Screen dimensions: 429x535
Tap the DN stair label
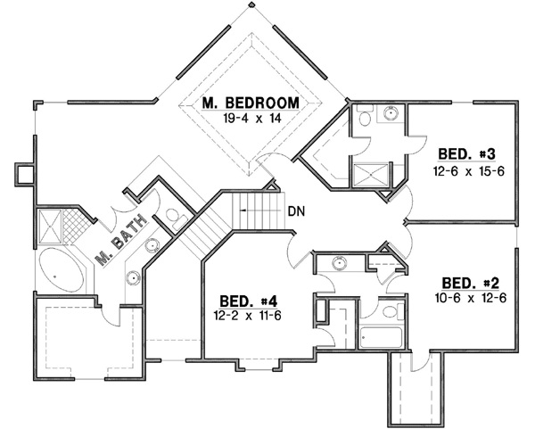[300, 212]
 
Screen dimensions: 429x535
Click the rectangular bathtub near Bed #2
[381, 337]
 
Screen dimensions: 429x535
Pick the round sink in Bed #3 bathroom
[390, 113]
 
